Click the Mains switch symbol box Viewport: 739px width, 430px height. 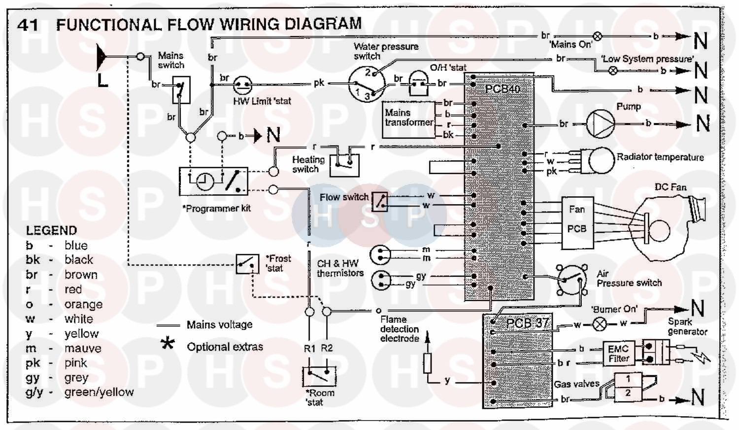pos(181,89)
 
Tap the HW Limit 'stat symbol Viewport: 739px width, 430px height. pos(242,86)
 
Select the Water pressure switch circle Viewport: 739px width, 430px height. pos(366,84)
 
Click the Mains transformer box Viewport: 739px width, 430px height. pos(409,118)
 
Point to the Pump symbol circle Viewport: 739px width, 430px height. pos(600,123)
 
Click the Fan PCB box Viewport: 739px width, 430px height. pos(577,221)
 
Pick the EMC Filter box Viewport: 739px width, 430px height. pos(618,353)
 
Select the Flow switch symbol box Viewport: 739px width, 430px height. pos(379,201)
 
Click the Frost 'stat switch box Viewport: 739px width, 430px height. pos(247,264)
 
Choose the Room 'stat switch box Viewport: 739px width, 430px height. pos(319,376)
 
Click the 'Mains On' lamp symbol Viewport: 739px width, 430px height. pos(597,36)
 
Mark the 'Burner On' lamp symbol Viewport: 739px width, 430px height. pos(600,324)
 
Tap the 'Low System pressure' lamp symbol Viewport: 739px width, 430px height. pos(612,70)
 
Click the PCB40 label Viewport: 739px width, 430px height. pos(502,89)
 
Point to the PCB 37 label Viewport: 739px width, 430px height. pos(527,323)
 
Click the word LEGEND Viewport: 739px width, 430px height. pos(51,230)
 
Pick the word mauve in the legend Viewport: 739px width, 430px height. pos(83,348)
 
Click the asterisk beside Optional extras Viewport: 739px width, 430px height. pos(168,343)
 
